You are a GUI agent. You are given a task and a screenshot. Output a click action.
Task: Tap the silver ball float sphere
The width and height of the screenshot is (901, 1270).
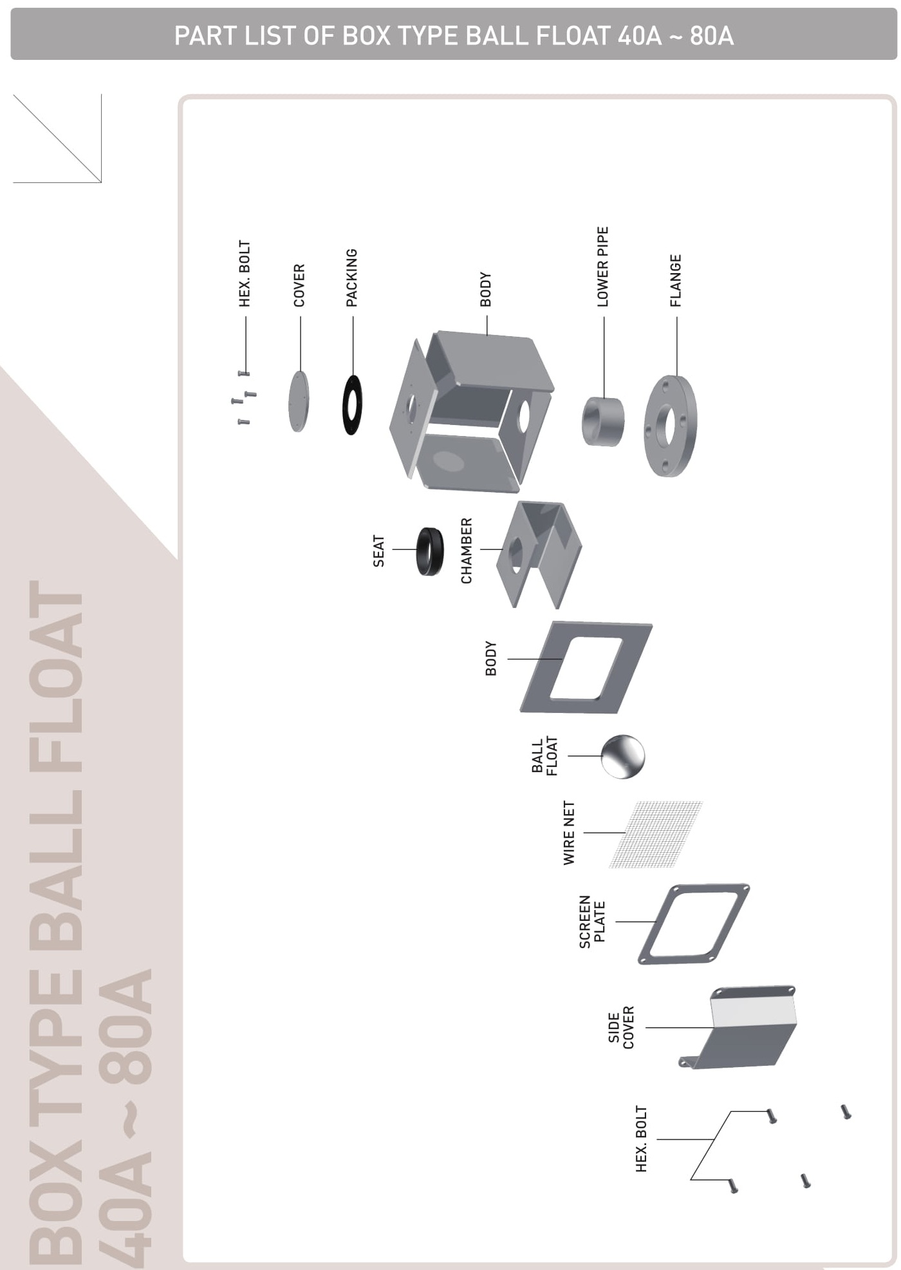(623, 756)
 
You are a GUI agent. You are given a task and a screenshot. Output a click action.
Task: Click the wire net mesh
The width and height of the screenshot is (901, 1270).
(656, 835)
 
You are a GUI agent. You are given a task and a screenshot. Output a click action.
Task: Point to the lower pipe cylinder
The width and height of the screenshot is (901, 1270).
(603, 422)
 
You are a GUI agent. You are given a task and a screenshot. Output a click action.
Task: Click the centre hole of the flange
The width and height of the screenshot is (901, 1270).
(670, 426)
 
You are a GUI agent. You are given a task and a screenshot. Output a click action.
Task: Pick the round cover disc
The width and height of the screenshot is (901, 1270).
(299, 401)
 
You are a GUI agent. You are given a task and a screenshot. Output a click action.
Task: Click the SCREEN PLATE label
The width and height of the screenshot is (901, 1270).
(592, 922)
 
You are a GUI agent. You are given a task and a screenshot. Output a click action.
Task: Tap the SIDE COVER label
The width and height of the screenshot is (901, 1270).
(621, 1027)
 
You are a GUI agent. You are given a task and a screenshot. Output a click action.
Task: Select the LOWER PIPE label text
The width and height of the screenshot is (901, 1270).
(602, 267)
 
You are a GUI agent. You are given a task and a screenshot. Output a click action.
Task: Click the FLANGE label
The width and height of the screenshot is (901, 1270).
(675, 281)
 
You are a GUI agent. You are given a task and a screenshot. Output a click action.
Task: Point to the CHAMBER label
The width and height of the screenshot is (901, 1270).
(467, 551)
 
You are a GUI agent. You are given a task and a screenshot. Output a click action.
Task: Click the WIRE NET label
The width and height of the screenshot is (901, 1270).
(569, 833)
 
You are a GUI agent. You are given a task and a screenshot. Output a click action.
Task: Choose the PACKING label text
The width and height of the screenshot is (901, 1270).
(351, 278)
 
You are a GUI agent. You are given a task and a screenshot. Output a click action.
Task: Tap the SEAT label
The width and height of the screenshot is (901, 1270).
(378, 551)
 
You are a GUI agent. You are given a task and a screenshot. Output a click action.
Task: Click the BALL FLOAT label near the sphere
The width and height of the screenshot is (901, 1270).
(544, 756)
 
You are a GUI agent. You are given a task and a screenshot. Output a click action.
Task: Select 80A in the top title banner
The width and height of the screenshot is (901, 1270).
(712, 36)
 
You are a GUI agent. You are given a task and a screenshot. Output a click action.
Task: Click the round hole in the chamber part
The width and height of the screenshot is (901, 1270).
(516, 555)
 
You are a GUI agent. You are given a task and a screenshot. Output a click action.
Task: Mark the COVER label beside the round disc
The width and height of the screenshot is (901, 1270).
(299, 285)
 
